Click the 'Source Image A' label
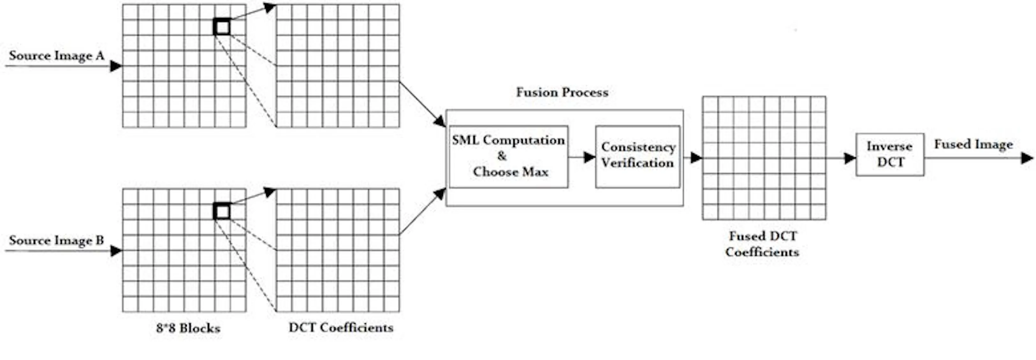(57, 55)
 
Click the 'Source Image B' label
(56, 240)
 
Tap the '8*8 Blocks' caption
(188, 328)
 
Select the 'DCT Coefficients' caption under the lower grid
(341, 327)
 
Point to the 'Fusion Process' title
(562, 92)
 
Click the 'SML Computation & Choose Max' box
(508, 157)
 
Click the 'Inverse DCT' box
(890, 154)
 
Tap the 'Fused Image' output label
(973, 144)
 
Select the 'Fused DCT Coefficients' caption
(762, 244)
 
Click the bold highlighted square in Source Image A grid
(222, 27)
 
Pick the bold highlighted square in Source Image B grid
(222, 212)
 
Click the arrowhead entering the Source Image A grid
(116, 66)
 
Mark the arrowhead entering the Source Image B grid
(116, 251)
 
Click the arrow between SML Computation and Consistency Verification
(582, 157)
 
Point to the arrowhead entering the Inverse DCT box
(850, 158)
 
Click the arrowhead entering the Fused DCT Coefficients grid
(696, 158)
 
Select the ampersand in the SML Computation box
(502, 156)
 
